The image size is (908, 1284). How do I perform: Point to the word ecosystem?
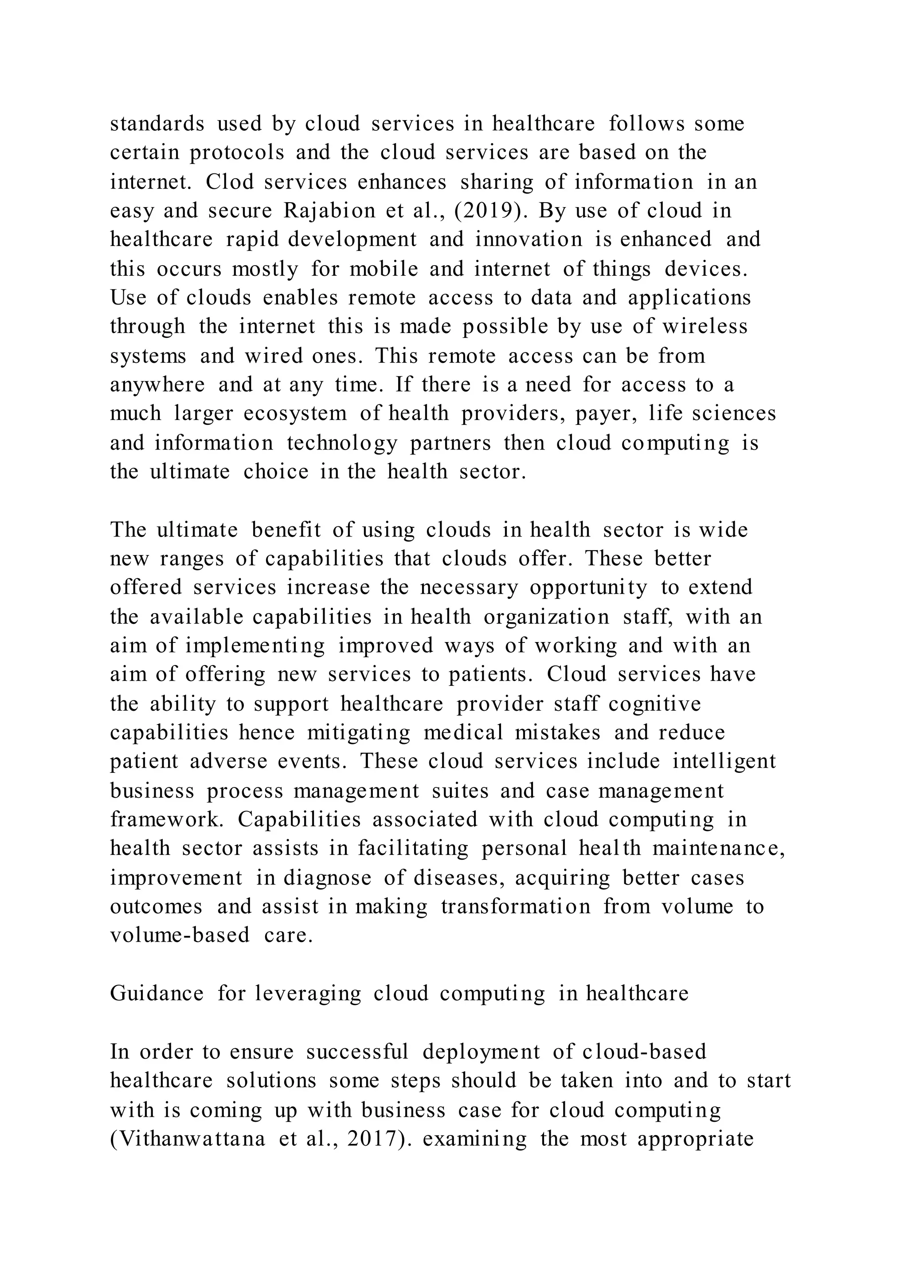[295, 413]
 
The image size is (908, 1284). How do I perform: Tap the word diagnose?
[327, 878]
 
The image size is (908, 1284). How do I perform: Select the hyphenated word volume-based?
[180, 936]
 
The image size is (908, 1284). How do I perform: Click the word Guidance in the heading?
[157, 994]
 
